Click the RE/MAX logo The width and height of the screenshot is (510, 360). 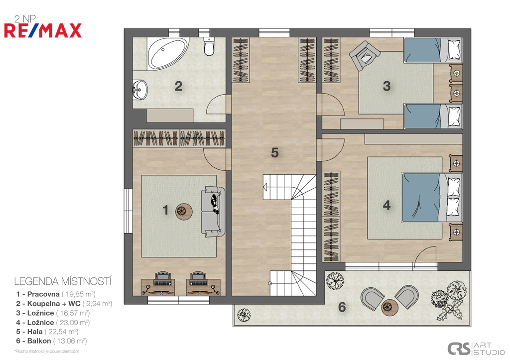43,30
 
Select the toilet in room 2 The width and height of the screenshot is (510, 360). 209,46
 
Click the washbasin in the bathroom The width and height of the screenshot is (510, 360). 140,89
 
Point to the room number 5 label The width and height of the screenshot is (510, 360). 275,152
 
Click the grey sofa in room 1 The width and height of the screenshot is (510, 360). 213,212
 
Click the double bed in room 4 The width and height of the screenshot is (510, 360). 432,197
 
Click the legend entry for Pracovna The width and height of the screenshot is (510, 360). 56,294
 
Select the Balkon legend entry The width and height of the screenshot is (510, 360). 51,341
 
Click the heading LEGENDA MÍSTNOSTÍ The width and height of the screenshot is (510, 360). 63,281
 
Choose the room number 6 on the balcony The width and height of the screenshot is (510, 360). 342,307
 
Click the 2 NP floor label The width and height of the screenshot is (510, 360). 25,19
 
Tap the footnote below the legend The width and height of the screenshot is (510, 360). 46,352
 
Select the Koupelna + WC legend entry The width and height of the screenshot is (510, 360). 64,304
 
